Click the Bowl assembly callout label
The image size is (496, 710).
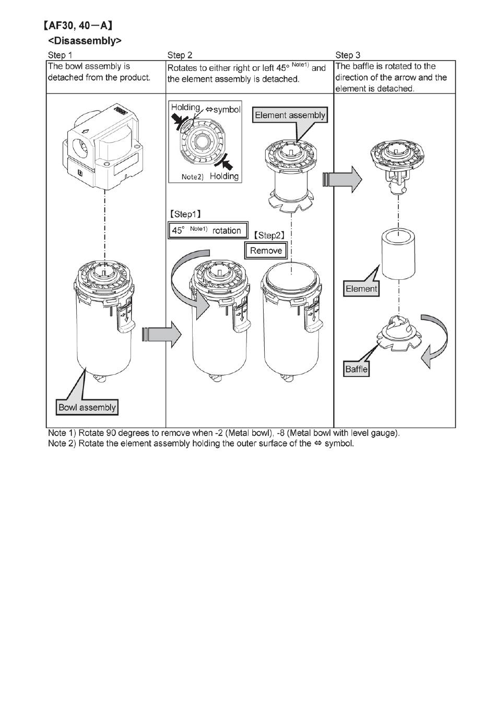[x=87, y=407]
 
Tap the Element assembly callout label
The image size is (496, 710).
[x=290, y=115]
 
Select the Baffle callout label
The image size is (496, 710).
[x=357, y=370]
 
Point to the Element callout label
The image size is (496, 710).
[x=361, y=289]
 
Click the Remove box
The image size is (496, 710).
[x=266, y=251]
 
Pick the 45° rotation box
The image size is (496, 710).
[x=207, y=230]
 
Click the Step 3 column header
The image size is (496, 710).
[x=348, y=55]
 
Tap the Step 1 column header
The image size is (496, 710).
[x=60, y=55]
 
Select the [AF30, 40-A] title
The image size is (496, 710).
[x=79, y=25]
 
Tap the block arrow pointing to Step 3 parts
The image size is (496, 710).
[x=343, y=179]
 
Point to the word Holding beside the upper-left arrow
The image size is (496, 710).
[x=185, y=108]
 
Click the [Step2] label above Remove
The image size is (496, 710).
[x=269, y=235]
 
